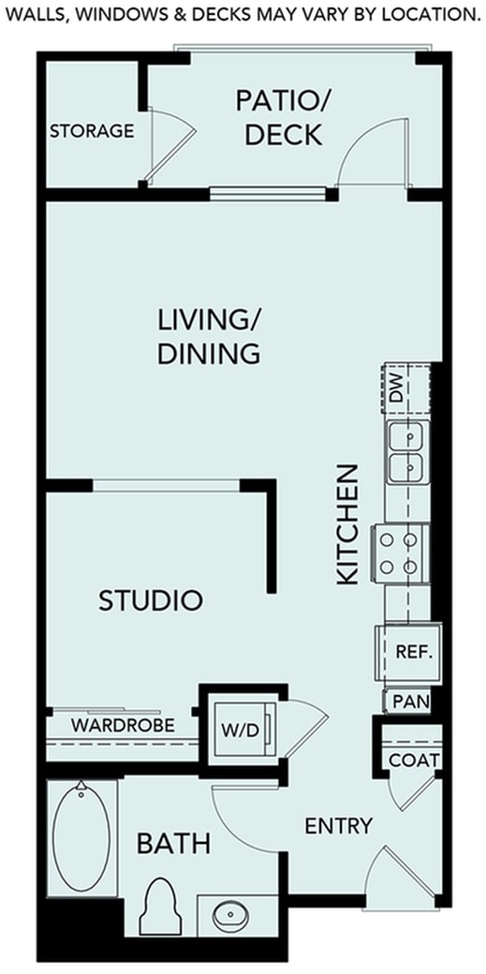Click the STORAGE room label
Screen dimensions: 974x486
point(92,131)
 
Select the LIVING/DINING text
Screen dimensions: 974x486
point(208,337)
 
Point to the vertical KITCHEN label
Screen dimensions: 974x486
point(347,524)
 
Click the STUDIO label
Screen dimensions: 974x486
point(151,600)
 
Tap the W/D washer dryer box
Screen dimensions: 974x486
point(241,730)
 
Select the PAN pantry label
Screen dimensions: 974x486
point(411,701)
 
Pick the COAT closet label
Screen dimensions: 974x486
point(414,760)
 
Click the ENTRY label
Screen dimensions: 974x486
point(339,826)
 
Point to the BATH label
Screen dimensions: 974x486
point(173,844)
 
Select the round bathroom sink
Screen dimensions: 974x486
point(228,914)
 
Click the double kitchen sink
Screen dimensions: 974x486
point(405,451)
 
